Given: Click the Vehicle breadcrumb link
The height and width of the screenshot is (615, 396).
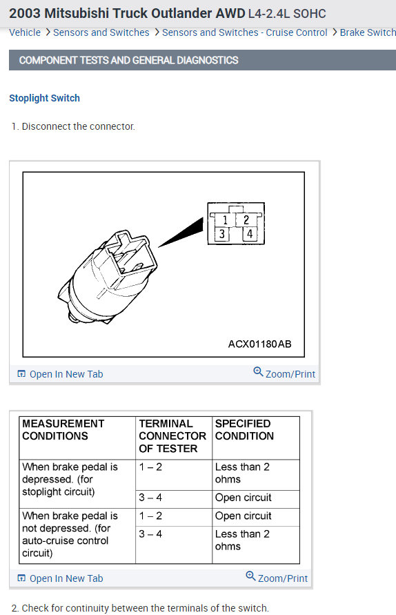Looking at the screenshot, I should (25, 32).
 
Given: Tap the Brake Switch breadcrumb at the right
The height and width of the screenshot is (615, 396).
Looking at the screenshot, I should (368, 32).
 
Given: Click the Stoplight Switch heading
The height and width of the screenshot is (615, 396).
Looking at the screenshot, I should (44, 98).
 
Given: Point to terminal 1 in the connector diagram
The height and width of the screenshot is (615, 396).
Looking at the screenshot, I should (225, 220).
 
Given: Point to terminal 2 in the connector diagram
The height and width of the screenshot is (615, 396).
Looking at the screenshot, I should (246, 220).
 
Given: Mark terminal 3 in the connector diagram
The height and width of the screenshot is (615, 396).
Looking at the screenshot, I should (222, 235).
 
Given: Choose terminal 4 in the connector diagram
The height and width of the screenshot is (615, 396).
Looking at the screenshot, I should (249, 235).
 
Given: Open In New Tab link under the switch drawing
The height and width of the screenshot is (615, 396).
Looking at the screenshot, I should (66, 374).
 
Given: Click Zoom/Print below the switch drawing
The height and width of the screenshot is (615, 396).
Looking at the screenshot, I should (290, 374).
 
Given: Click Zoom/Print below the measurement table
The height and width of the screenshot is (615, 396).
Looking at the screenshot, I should (282, 578).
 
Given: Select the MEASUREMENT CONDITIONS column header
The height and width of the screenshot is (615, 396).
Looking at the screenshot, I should (63, 430).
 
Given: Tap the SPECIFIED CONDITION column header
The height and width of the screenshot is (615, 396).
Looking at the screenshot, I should (244, 430).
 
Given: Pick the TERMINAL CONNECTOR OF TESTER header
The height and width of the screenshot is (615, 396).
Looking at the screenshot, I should (172, 436).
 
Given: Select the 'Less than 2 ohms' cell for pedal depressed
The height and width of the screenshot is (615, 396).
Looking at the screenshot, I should (242, 473).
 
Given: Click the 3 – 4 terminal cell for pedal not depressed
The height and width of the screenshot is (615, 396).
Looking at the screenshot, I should (150, 534).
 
